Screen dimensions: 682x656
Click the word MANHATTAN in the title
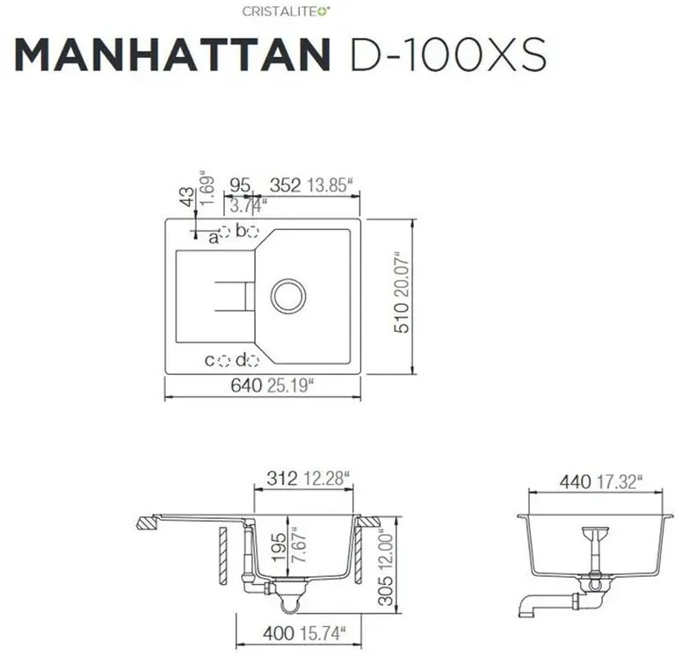(x=172, y=54)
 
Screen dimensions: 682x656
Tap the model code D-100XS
(x=448, y=54)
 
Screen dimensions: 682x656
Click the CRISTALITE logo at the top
(x=286, y=11)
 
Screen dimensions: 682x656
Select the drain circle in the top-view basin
(x=288, y=296)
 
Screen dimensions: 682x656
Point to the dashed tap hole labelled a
(x=224, y=232)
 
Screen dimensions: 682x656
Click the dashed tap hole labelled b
(x=253, y=232)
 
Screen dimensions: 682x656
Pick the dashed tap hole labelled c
(x=224, y=361)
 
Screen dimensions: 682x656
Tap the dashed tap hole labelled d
(x=254, y=361)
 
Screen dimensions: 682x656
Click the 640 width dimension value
(x=246, y=386)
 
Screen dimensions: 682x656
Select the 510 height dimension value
(x=402, y=318)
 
